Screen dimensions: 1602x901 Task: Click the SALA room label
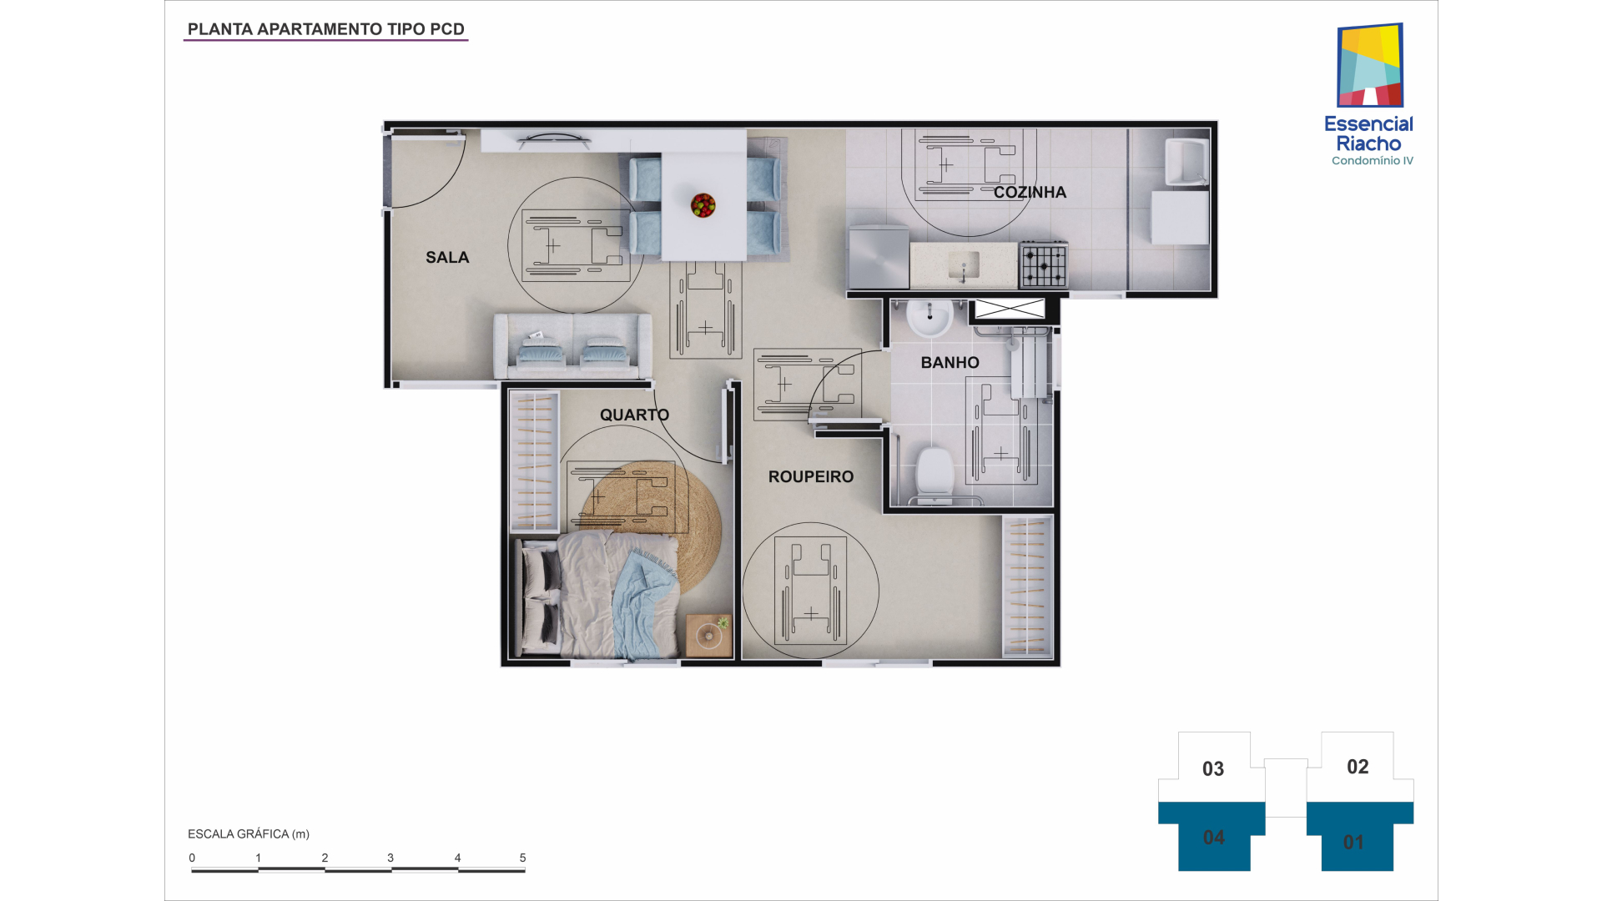tap(447, 258)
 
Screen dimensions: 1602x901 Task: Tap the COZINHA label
tap(1030, 193)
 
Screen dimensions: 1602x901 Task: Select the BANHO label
tap(950, 363)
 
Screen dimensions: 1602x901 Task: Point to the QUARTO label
tap(634, 415)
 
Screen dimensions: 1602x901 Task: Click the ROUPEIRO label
tap(811, 477)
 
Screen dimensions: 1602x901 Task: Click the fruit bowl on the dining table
tap(703, 205)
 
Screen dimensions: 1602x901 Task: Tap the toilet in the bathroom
tap(934, 472)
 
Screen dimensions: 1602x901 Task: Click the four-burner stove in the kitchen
tap(1043, 264)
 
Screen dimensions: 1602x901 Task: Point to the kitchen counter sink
tap(964, 266)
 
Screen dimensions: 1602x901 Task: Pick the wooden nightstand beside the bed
tap(709, 636)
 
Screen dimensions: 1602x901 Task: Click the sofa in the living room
tap(572, 345)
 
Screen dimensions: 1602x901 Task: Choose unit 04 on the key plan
tap(1213, 837)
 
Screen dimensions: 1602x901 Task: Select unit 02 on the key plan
tap(1358, 767)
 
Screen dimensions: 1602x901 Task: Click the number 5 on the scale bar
tap(523, 858)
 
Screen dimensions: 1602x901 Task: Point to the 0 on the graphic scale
tap(192, 858)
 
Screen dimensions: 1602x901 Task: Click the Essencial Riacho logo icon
tap(1370, 65)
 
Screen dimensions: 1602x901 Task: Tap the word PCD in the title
tap(447, 29)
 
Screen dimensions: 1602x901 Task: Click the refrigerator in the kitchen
tap(878, 256)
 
